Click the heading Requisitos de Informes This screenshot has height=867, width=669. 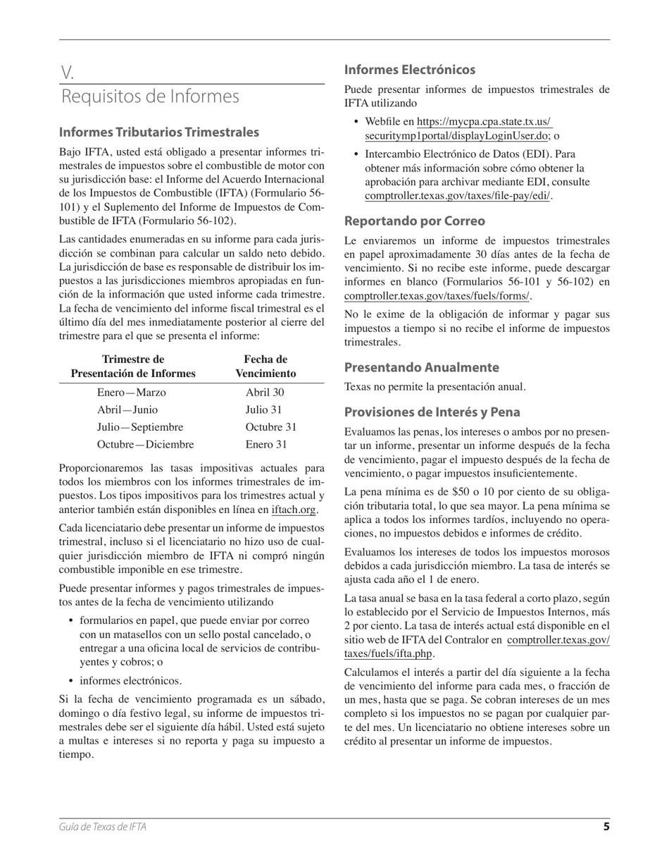(x=150, y=97)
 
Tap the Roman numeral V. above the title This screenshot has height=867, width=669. (x=68, y=72)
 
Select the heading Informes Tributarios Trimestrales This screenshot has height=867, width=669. (x=158, y=133)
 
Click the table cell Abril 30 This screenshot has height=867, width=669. (x=265, y=393)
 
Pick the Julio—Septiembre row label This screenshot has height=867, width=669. (x=140, y=427)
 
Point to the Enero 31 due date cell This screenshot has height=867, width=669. (x=266, y=445)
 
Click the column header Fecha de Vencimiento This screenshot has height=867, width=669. (x=265, y=367)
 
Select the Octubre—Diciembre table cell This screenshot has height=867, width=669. (x=145, y=445)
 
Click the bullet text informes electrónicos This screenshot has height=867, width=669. (x=130, y=681)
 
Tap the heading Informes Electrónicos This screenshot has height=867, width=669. (x=409, y=70)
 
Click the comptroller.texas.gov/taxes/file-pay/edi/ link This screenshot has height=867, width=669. (x=457, y=197)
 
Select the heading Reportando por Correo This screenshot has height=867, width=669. (x=414, y=221)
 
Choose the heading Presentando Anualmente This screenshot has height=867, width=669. (x=421, y=368)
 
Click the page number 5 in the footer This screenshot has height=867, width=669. (x=606, y=827)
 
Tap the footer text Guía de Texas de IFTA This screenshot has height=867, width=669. (x=103, y=828)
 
